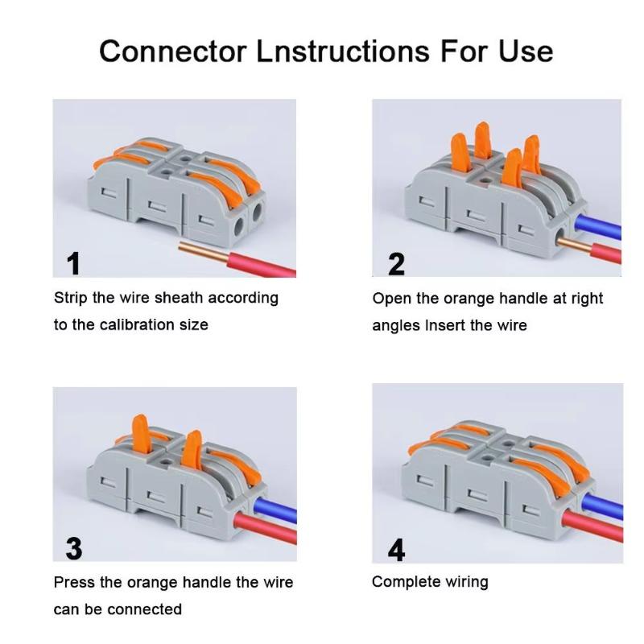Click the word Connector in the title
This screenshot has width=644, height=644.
172,51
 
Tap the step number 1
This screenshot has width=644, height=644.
73,263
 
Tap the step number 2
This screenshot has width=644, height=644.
396,263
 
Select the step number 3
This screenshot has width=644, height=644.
73,547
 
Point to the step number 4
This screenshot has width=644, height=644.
396,549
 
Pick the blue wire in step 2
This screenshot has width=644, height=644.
600,229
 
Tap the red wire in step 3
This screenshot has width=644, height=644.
266,530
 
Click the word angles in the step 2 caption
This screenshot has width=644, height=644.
396,326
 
